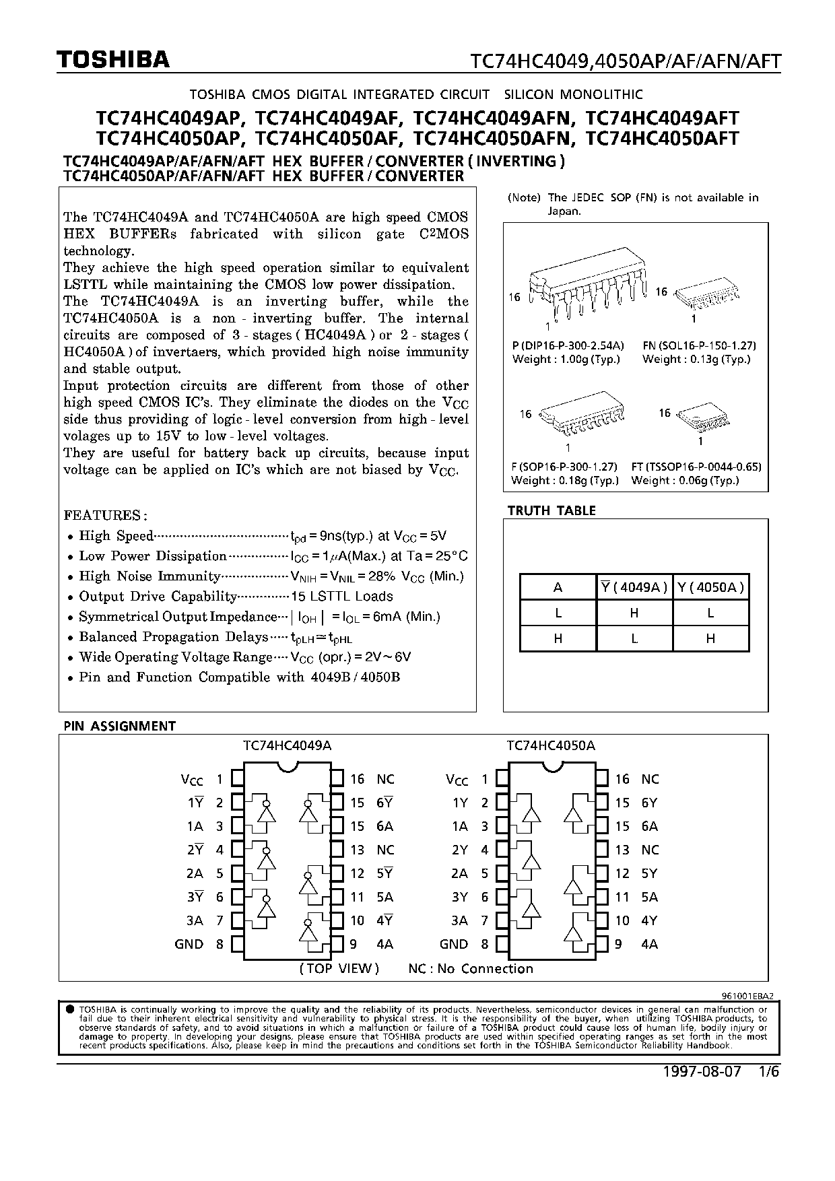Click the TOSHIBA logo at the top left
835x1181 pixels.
pyautogui.click(x=113, y=61)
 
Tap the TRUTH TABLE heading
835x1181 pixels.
pyautogui.click(x=552, y=511)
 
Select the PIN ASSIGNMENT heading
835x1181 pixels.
pyautogui.click(x=119, y=726)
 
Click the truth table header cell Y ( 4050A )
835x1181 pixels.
pyautogui.click(x=710, y=587)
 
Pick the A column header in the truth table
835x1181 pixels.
pyautogui.click(x=558, y=587)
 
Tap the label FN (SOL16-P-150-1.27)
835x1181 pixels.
pyautogui.click(x=699, y=345)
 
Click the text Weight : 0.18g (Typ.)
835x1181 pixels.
pyautogui.click(x=564, y=480)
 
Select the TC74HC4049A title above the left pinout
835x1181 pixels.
pyautogui.click(x=287, y=745)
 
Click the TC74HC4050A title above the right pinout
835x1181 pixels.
pyautogui.click(x=551, y=745)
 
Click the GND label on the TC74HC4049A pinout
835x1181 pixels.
pyautogui.click(x=189, y=944)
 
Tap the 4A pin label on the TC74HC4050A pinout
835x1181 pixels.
pyautogui.click(x=649, y=944)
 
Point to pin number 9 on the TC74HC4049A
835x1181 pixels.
pyautogui.click(x=353, y=944)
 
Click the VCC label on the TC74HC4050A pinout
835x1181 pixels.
pyautogui.click(x=457, y=780)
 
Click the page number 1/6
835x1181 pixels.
pyautogui.click(x=768, y=1072)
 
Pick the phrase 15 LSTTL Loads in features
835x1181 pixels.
pyautogui.click(x=341, y=597)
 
